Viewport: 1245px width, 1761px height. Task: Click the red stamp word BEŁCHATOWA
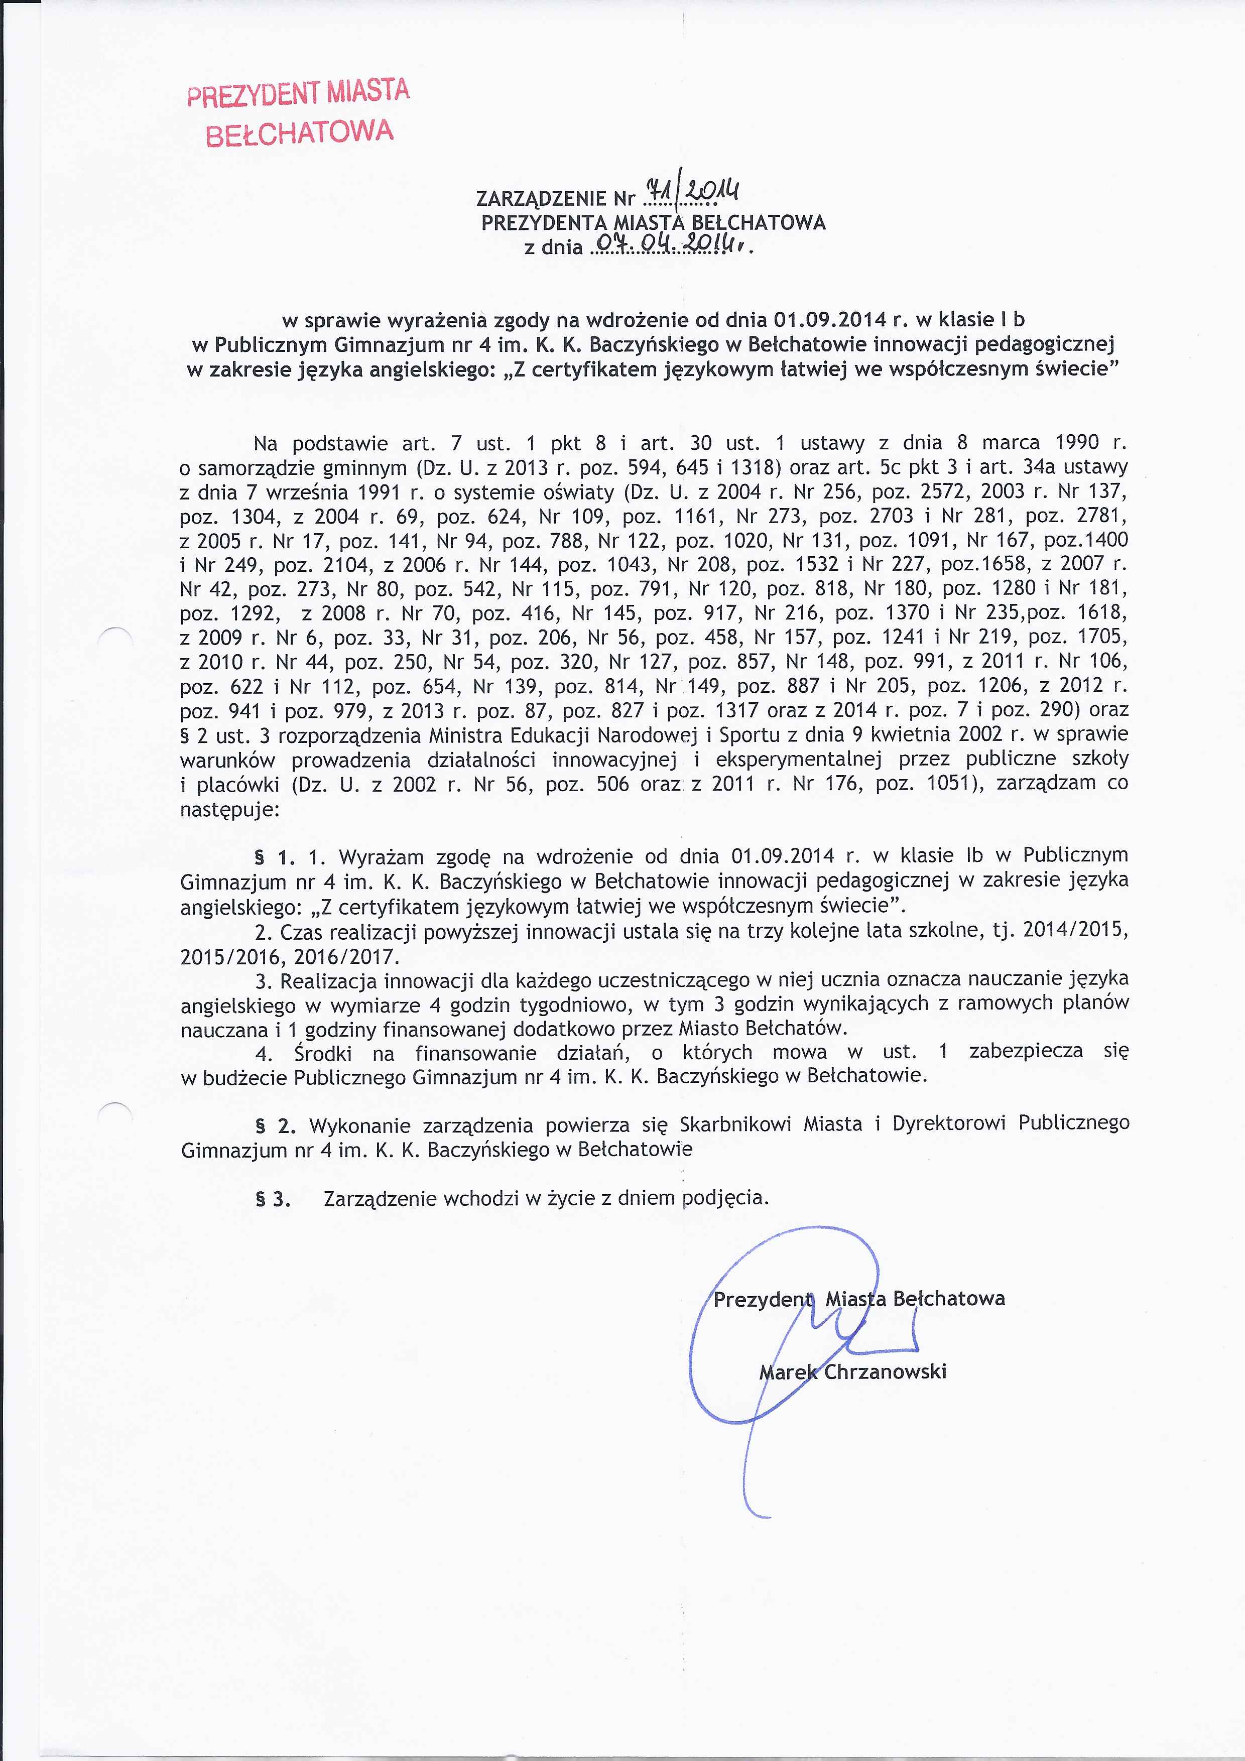(x=300, y=133)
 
